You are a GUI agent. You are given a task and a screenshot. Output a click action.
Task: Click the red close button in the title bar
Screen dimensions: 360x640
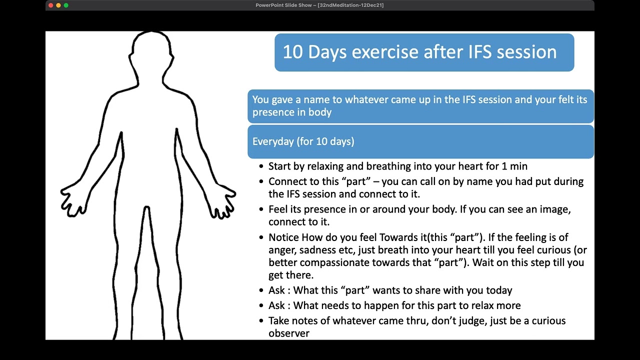pyautogui.click(x=50, y=5)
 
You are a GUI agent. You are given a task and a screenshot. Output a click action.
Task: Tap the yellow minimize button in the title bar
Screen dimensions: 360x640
pyautogui.click(x=58, y=5)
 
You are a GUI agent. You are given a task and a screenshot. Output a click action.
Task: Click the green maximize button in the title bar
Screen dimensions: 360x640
pyautogui.click(x=66, y=5)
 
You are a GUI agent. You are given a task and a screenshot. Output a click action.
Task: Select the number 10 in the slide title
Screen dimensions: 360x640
pyautogui.click(x=292, y=52)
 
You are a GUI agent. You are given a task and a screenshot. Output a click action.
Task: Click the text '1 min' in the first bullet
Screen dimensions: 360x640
pyautogui.click(x=514, y=166)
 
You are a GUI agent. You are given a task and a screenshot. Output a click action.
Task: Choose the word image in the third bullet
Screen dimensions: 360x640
pyautogui.click(x=554, y=209)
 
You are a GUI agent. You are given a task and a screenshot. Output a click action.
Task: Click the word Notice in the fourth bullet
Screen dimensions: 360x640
pyautogui.click(x=283, y=237)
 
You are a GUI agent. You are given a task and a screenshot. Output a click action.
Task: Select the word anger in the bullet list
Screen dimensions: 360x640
pyautogui.click(x=282, y=250)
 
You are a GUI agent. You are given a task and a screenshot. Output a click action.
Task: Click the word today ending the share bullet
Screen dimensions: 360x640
pyautogui.click(x=498, y=290)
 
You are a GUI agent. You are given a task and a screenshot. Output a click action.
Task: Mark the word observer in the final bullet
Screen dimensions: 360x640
pyautogui.click(x=289, y=333)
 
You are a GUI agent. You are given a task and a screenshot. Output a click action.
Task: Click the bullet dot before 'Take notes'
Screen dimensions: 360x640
pyautogui.click(x=261, y=321)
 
